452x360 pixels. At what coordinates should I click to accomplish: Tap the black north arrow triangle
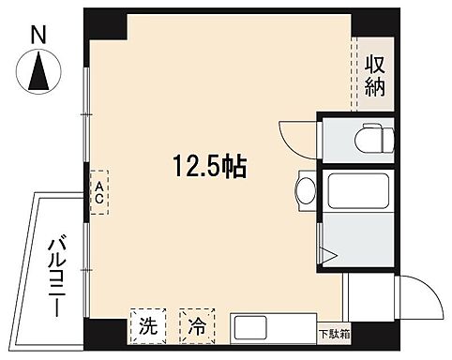click(x=38, y=74)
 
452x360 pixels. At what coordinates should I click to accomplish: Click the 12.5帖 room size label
click(x=208, y=169)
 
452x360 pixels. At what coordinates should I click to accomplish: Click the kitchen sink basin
click(x=252, y=329)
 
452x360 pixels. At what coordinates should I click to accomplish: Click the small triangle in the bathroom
click(x=327, y=254)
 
